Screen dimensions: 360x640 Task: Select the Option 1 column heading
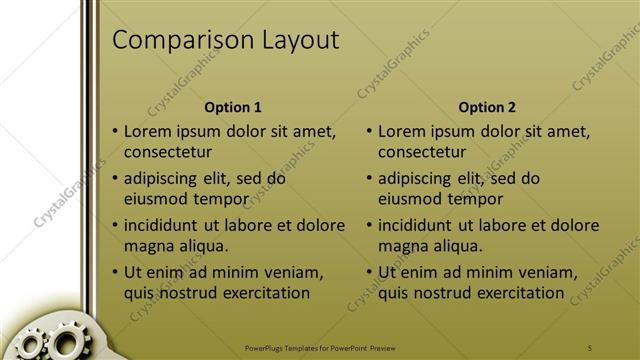point(233,107)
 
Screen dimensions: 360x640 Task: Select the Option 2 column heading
point(487,107)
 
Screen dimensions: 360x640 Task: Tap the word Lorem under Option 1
point(149,131)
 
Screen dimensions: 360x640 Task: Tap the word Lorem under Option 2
point(403,131)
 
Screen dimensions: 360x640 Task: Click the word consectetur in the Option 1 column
point(168,152)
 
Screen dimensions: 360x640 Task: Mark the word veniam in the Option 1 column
point(294,273)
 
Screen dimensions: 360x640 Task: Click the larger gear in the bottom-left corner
point(66,344)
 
